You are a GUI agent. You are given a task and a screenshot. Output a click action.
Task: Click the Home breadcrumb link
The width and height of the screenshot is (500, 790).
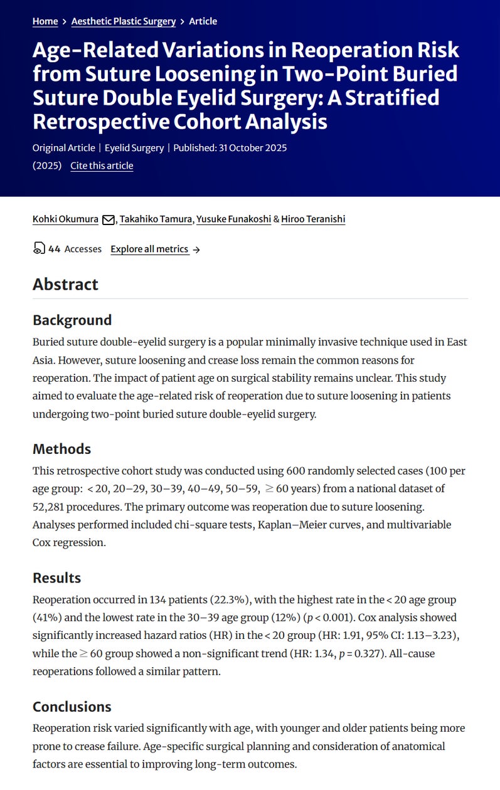click(45, 21)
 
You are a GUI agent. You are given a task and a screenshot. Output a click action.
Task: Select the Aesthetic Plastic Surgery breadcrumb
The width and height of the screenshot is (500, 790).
click(124, 21)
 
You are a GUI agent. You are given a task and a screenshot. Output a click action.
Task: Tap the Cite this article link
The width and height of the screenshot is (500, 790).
click(102, 166)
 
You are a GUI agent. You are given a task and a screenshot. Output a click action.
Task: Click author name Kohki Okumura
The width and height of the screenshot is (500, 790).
click(65, 219)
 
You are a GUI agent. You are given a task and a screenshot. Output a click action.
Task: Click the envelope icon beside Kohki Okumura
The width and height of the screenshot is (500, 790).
click(108, 219)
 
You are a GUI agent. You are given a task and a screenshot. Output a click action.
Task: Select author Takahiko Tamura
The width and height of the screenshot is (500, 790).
click(156, 219)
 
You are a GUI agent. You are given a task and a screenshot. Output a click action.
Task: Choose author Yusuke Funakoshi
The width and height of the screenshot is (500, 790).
click(233, 219)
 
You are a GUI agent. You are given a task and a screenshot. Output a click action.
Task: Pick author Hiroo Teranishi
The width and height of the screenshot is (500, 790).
click(313, 219)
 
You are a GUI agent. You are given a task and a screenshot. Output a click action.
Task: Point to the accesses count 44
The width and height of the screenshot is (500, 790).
click(54, 249)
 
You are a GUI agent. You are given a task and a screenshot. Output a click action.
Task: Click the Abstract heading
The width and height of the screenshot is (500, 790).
click(65, 284)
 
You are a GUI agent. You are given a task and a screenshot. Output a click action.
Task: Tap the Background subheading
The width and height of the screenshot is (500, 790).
click(72, 320)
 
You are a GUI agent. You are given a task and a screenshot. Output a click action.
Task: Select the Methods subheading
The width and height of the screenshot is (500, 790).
click(61, 449)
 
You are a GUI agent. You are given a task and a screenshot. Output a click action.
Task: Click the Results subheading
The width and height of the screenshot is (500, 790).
click(56, 577)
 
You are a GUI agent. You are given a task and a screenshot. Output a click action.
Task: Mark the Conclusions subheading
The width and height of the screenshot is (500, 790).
click(72, 707)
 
